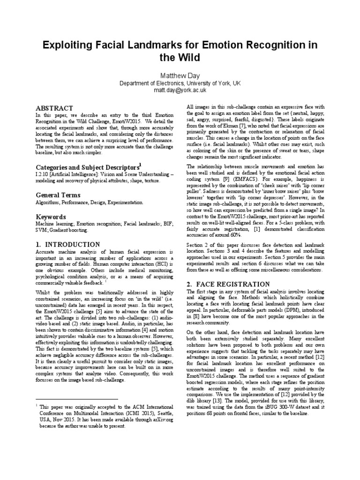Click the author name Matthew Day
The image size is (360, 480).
(180, 75)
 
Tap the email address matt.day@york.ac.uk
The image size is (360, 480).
(180, 90)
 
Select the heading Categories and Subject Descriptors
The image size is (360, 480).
(88, 167)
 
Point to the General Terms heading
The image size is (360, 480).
(58, 195)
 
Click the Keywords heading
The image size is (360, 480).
(51, 217)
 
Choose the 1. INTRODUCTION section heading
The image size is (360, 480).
(68, 244)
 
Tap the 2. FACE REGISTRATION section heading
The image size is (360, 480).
(228, 284)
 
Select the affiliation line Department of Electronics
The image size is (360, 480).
(180, 83)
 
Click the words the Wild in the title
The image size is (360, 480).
(180, 58)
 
